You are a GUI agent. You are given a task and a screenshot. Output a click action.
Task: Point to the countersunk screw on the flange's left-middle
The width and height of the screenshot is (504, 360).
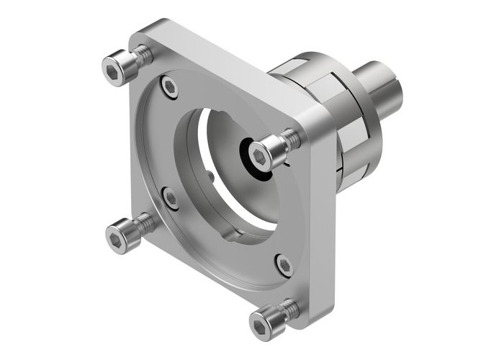(170, 196)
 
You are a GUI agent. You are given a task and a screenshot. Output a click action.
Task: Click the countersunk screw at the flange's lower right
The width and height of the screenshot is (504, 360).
(284, 264)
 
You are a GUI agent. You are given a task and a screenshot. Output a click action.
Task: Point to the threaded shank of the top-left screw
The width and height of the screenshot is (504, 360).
(142, 55)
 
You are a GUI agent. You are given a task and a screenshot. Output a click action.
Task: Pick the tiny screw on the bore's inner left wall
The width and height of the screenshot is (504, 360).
(209, 175)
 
